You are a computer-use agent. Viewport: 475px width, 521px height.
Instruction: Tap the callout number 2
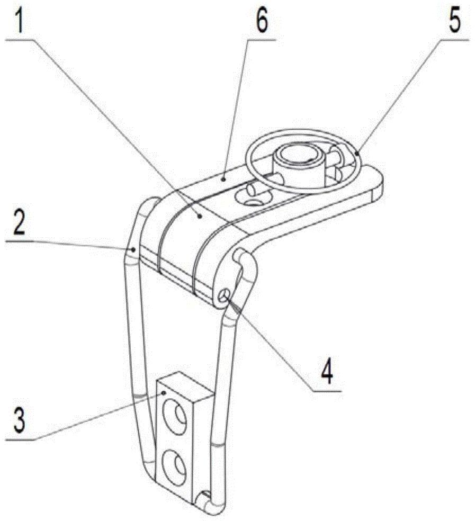coord(19,222)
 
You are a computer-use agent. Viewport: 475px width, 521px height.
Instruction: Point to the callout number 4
coord(327,372)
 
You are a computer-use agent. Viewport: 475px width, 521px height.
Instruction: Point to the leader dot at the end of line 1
coord(200,217)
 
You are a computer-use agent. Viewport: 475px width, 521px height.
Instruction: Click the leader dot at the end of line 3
coord(164,393)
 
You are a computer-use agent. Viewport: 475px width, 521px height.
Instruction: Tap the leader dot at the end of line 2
coord(133,248)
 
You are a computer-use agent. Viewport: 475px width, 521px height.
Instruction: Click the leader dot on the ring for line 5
coord(357,153)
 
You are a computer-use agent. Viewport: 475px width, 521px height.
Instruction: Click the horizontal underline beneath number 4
coord(326,391)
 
